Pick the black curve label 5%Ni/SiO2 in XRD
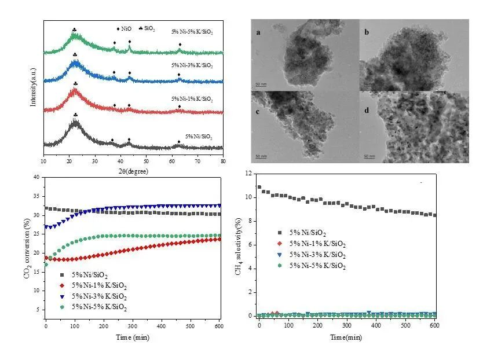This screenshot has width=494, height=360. tap(192, 137)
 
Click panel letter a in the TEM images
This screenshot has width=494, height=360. tap(258, 34)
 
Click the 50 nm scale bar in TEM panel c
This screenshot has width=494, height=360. tap(261, 156)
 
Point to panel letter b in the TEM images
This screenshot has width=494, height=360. tap(365, 34)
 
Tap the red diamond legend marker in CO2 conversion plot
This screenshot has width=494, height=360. tap(62, 285)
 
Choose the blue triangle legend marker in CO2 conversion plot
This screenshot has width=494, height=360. tap(62, 296)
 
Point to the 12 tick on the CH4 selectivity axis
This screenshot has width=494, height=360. tap(247, 174)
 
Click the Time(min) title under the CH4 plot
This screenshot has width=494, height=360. tap(347, 336)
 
